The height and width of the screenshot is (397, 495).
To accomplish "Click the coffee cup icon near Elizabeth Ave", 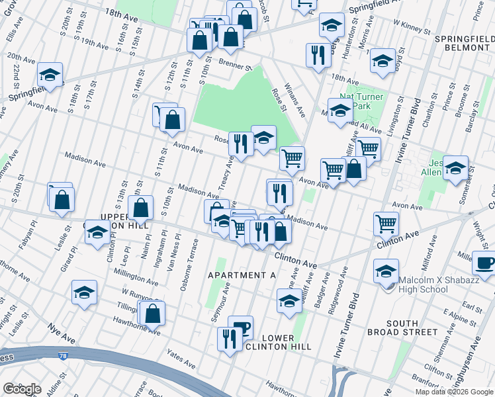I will coord(485,262).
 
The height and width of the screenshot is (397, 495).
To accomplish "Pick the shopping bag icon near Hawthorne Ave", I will coord(153,314).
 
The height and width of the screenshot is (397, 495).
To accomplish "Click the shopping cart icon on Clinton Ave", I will coord(386,223).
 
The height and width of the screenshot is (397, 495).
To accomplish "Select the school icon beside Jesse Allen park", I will coord(455,168).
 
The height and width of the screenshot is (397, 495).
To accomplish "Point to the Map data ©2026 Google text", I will coord(454,392).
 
